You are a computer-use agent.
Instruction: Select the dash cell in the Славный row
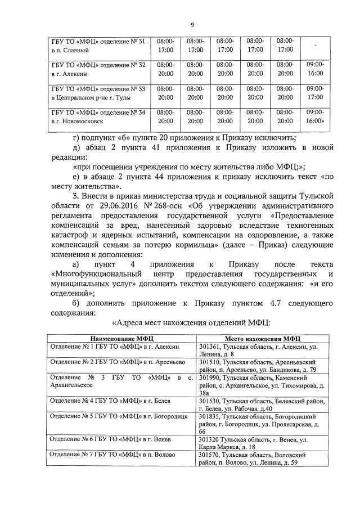coord(315,46)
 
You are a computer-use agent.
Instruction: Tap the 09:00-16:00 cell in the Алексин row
coord(315,69)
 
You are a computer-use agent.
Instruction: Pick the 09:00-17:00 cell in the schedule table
coord(315,93)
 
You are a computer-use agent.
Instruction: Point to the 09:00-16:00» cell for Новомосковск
coord(315,116)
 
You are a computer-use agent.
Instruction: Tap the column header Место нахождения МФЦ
coord(263,339)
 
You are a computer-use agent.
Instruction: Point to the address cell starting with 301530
coord(263,404)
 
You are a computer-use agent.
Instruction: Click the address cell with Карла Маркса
coord(263,443)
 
